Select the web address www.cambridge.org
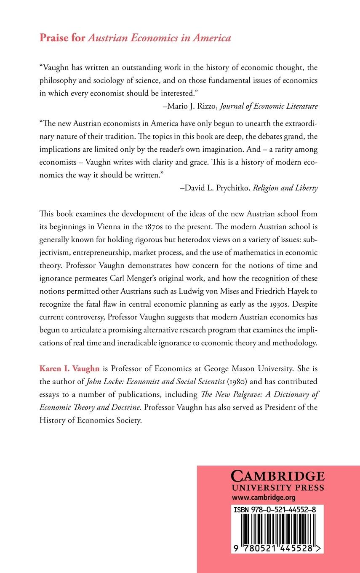[x=258, y=497]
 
